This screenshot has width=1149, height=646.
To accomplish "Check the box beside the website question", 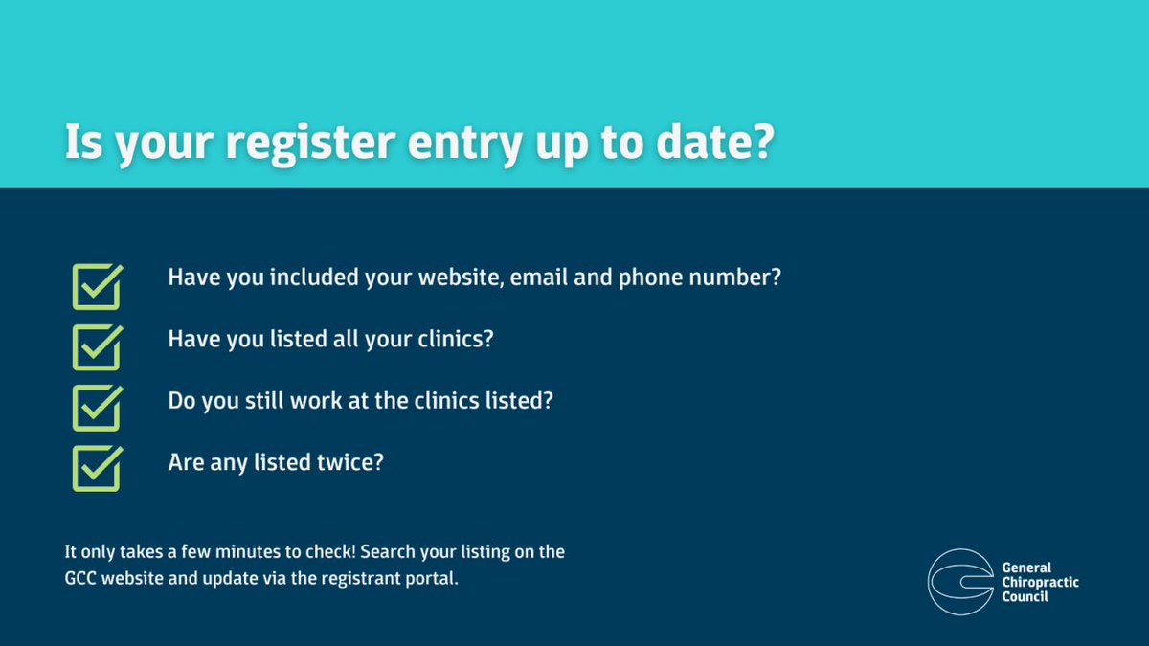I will [x=97, y=286].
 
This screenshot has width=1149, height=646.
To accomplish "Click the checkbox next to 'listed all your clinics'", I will [x=97, y=346].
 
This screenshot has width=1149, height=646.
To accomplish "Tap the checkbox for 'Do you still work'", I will [x=97, y=408].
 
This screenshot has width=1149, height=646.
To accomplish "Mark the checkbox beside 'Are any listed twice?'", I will [x=97, y=468].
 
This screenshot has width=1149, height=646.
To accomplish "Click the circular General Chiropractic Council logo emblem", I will [x=958, y=581].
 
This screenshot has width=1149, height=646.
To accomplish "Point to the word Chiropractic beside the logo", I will [x=1038, y=582].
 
